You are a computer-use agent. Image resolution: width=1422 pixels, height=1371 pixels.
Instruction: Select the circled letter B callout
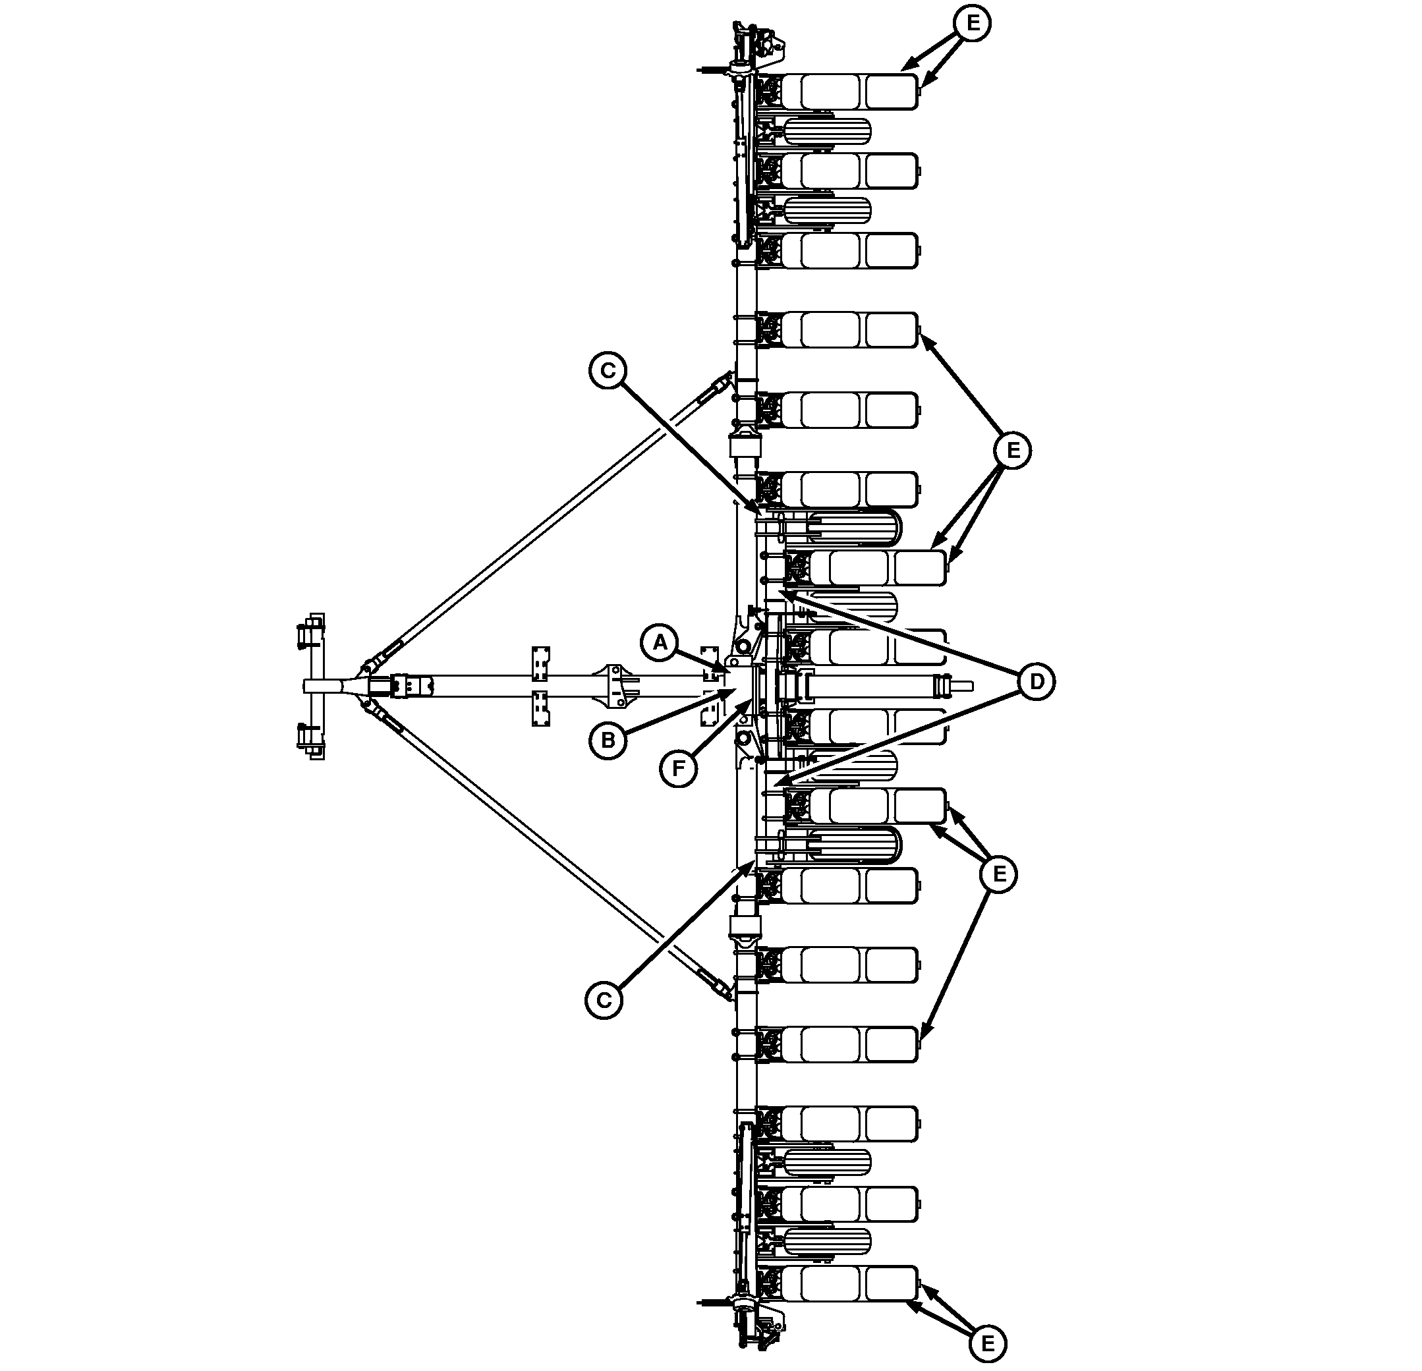(608, 740)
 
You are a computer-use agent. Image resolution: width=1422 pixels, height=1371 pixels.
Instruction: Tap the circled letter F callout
(678, 768)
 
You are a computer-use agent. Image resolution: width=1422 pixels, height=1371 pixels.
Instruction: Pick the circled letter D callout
(1037, 682)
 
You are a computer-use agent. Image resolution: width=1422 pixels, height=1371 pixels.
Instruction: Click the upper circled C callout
(608, 371)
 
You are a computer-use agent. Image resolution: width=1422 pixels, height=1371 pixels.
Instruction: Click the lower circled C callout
(604, 1000)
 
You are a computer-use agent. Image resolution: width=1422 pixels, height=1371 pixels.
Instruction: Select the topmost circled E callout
(972, 22)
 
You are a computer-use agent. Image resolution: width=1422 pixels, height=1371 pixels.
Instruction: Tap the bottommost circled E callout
(987, 1344)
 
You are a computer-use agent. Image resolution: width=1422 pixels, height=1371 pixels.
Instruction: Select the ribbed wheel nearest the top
(826, 131)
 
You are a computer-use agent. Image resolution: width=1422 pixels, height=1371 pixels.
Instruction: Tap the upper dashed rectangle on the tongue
(540, 663)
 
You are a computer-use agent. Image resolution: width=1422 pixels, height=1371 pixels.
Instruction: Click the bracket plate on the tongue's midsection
(617, 685)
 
